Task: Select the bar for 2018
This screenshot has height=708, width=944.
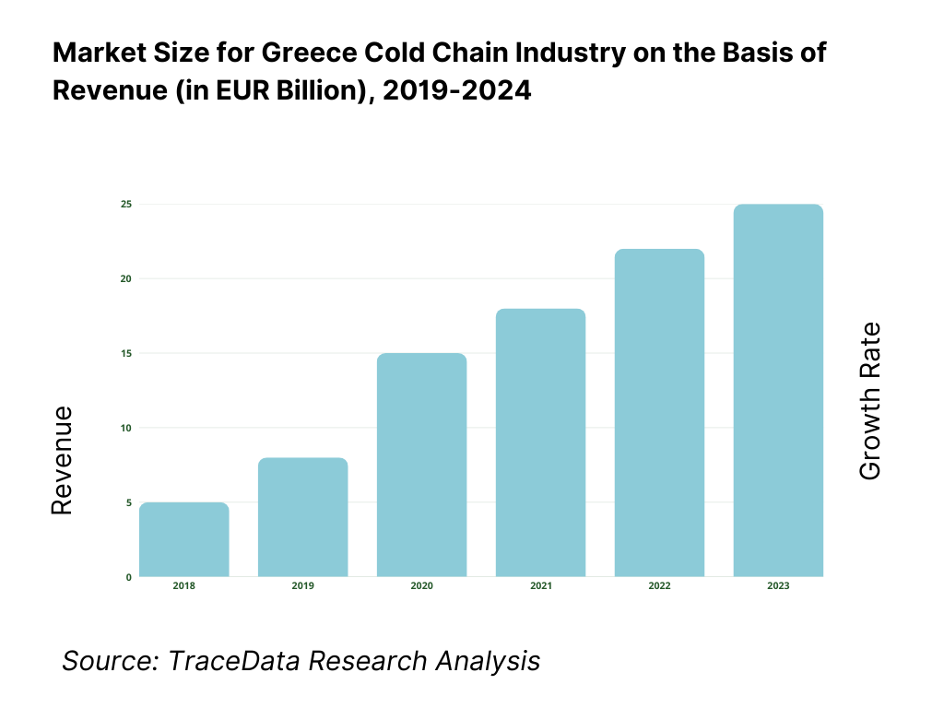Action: pyautogui.click(x=184, y=540)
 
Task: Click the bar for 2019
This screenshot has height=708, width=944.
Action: pyautogui.click(x=303, y=518)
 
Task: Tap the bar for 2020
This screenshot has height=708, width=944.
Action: pyautogui.click(x=422, y=466)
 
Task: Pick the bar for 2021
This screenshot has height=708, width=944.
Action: pyautogui.click(x=541, y=443)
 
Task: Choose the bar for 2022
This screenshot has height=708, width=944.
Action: pyautogui.click(x=660, y=413)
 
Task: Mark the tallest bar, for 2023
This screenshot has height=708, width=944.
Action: pyautogui.click(x=778, y=391)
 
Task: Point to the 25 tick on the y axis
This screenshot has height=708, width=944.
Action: pyautogui.click(x=126, y=204)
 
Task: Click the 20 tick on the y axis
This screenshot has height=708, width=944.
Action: pyautogui.click(x=126, y=278)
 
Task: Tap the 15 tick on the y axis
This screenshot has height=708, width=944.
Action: pyautogui.click(x=126, y=353)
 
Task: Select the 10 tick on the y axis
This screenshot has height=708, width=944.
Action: pyautogui.click(x=126, y=428)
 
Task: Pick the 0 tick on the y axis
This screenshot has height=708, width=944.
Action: pyautogui.click(x=129, y=577)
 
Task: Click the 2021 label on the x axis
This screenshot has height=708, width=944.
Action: pyautogui.click(x=541, y=586)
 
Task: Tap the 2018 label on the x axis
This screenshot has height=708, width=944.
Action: pyautogui.click(x=184, y=586)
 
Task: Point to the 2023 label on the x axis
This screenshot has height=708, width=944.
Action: pyautogui.click(x=778, y=586)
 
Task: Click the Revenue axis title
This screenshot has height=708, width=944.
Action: pyautogui.click(x=61, y=460)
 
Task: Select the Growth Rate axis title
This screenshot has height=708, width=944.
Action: pyautogui.click(x=869, y=401)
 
